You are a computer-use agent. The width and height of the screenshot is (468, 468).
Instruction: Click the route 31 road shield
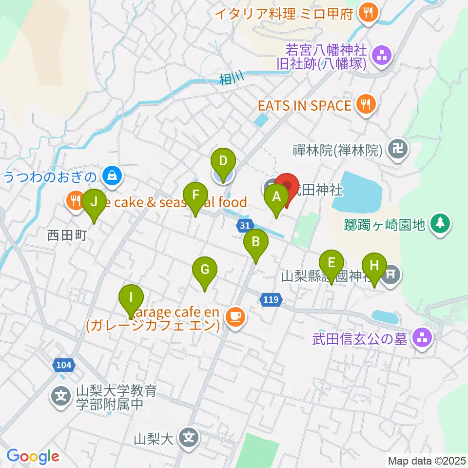point(245,225)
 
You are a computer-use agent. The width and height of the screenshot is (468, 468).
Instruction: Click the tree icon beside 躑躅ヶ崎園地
point(441,223)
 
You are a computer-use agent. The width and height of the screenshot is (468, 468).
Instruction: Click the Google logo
point(33,456)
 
